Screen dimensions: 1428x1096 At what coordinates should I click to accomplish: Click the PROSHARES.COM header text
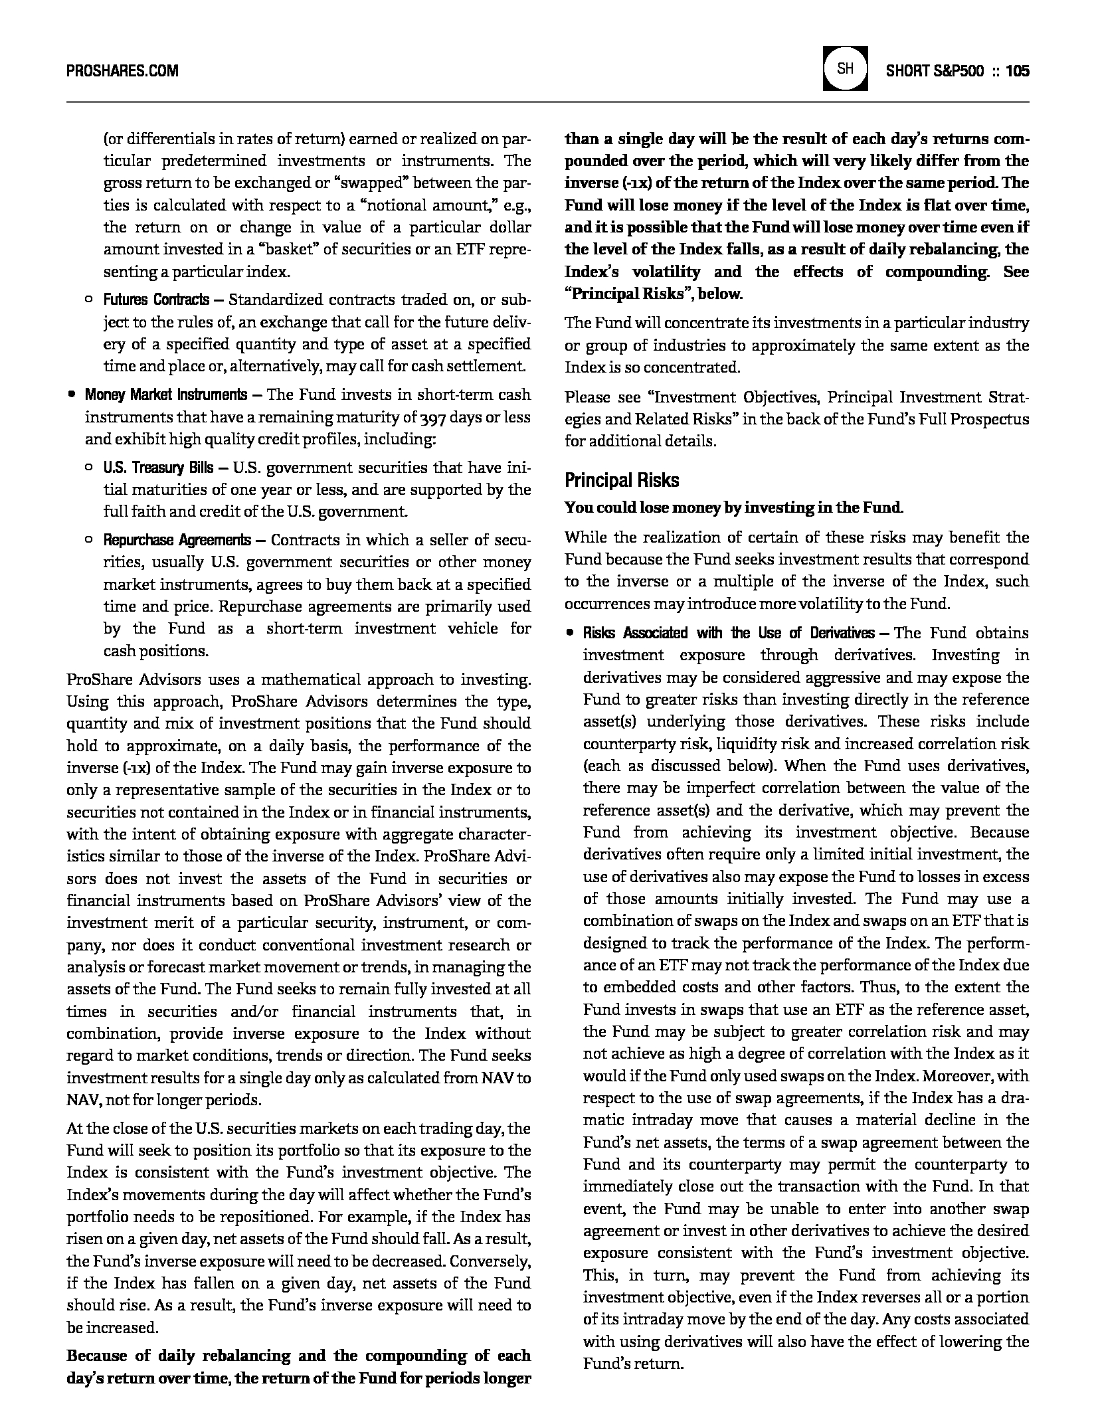pyautogui.click(x=122, y=70)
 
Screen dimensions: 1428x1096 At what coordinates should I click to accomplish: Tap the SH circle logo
pyautogui.click(x=845, y=68)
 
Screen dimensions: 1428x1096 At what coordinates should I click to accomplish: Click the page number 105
pyautogui.click(x=1017, y=70)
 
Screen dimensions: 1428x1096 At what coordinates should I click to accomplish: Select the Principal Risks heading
pyautogui.click(x=622, y=480)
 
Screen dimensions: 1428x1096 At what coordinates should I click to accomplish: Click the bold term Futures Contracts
pyautogui.click(x=156, y=300)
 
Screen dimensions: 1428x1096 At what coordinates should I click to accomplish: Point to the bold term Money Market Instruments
pyautogui.click(x=165, y=395)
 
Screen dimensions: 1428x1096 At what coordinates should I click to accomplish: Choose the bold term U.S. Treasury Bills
pyautogui.click(x=158, y=468)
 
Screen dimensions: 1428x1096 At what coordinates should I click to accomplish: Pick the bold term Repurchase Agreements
pyautogui.click(x=177, y=540)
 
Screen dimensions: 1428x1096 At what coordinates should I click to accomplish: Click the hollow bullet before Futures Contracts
pyautogui.click(x=89, y=301)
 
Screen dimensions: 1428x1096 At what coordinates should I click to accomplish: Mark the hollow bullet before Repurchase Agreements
pyautogui.click(x=89, y=541)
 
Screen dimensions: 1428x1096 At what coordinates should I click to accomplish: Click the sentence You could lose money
pyautogui.click(x=733, y=508)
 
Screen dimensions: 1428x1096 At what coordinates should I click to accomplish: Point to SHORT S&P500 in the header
pyautogui.click(x=935, y=70)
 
